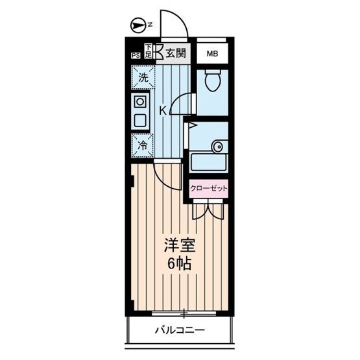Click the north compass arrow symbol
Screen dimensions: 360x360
(x=137, y=26)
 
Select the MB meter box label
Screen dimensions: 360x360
(x=212, y=54)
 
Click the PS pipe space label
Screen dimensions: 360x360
(x=136, y=56)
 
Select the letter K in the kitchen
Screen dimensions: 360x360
(x=163, y=111)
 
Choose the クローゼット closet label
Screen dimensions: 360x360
(x=208, y=188)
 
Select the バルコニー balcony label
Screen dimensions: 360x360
(x=179, y=330)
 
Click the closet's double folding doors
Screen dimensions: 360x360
(x=208, y=210)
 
